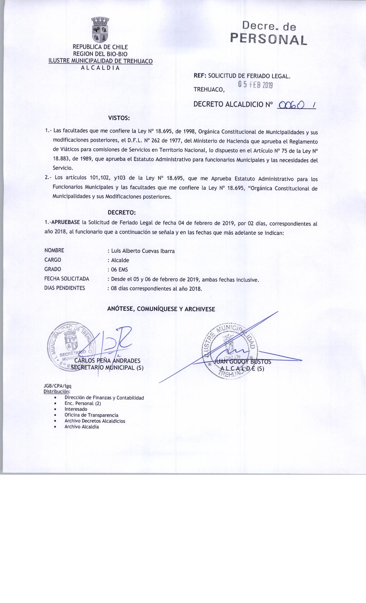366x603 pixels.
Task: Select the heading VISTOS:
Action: [x=119, y=118]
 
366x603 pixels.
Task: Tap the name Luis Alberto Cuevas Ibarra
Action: [x=143, y=251]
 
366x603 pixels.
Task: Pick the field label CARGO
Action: [x=53, y=260]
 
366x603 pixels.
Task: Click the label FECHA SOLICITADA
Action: [x=67, y=279]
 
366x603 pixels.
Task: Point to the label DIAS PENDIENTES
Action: [x=65, y=288]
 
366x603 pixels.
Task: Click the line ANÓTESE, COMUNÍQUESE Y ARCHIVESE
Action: [x=161, y=309]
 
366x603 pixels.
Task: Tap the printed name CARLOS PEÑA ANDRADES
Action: [x=107, y=361]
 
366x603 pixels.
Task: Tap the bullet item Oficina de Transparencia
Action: [x=91, y=415]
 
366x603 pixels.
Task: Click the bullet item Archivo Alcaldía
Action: [x=82, y=427]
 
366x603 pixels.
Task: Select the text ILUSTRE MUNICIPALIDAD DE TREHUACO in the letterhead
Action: [x=100, y=61]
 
